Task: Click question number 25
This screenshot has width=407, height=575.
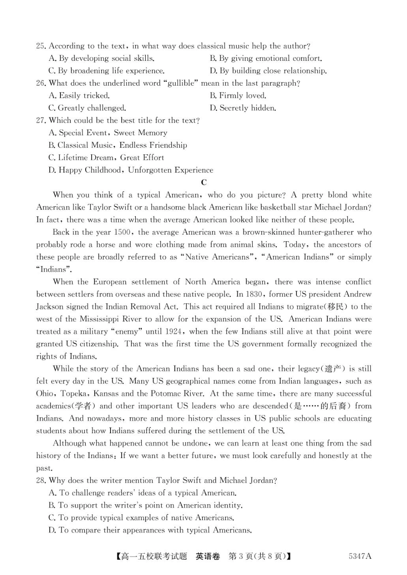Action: [x=41, y=46]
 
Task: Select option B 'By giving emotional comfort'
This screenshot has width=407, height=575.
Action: [x=266, y=58]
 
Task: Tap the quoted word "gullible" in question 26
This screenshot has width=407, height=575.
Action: [x=181, y=83]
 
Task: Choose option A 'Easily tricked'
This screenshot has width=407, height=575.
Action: [x=79, y=96]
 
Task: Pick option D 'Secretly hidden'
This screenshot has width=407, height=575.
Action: [x=243, y=108]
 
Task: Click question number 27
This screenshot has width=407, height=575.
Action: [x=41, y=120]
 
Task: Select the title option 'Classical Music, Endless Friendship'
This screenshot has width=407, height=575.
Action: [x=118, y=145]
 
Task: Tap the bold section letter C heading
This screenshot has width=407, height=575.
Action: [x=204, y=183]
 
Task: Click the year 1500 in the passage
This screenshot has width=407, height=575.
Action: [x=122, y=232]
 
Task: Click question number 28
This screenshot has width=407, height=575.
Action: [x=41, y=481]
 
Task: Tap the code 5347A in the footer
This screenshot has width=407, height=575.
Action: [x=360, y=557]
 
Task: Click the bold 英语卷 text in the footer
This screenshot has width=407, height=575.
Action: [x=208, y=557]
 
